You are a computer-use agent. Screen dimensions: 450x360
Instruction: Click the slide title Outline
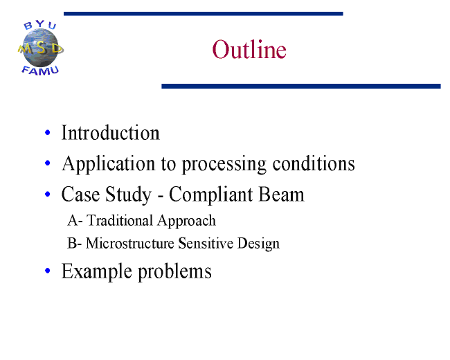[x=249, y=49]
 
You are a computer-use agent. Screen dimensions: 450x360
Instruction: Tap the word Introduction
[x=111, y=133]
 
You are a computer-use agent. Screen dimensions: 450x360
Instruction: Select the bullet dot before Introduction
[x=48, y=133]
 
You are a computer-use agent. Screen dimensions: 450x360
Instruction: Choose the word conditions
[x=314, y=163]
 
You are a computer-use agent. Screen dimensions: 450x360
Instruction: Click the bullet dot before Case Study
[x=48, y=194]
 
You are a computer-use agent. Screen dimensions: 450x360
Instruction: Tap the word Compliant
[x=211, y=195]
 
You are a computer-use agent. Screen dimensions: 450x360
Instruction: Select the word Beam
[x=281, y=195]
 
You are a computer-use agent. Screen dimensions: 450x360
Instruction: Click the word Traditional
[x=120, y=220]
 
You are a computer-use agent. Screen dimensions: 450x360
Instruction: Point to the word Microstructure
[x=129, y=243]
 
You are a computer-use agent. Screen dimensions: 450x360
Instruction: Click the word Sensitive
[x=206, y=243]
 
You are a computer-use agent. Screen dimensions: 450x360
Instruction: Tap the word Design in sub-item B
[x=258, y=244]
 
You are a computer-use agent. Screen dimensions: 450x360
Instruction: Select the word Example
[x=97, y=272]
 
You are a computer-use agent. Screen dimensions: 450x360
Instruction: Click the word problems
[x=174, y=272]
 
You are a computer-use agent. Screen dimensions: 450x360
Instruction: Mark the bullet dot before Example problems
[x=48, y=271]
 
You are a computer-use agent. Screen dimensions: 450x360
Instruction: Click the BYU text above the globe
[x=40, y=25]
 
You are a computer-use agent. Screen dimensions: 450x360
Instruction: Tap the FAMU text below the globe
[x=40, y=71]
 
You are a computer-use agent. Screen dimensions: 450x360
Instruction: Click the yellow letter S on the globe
[x=41, y=48]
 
